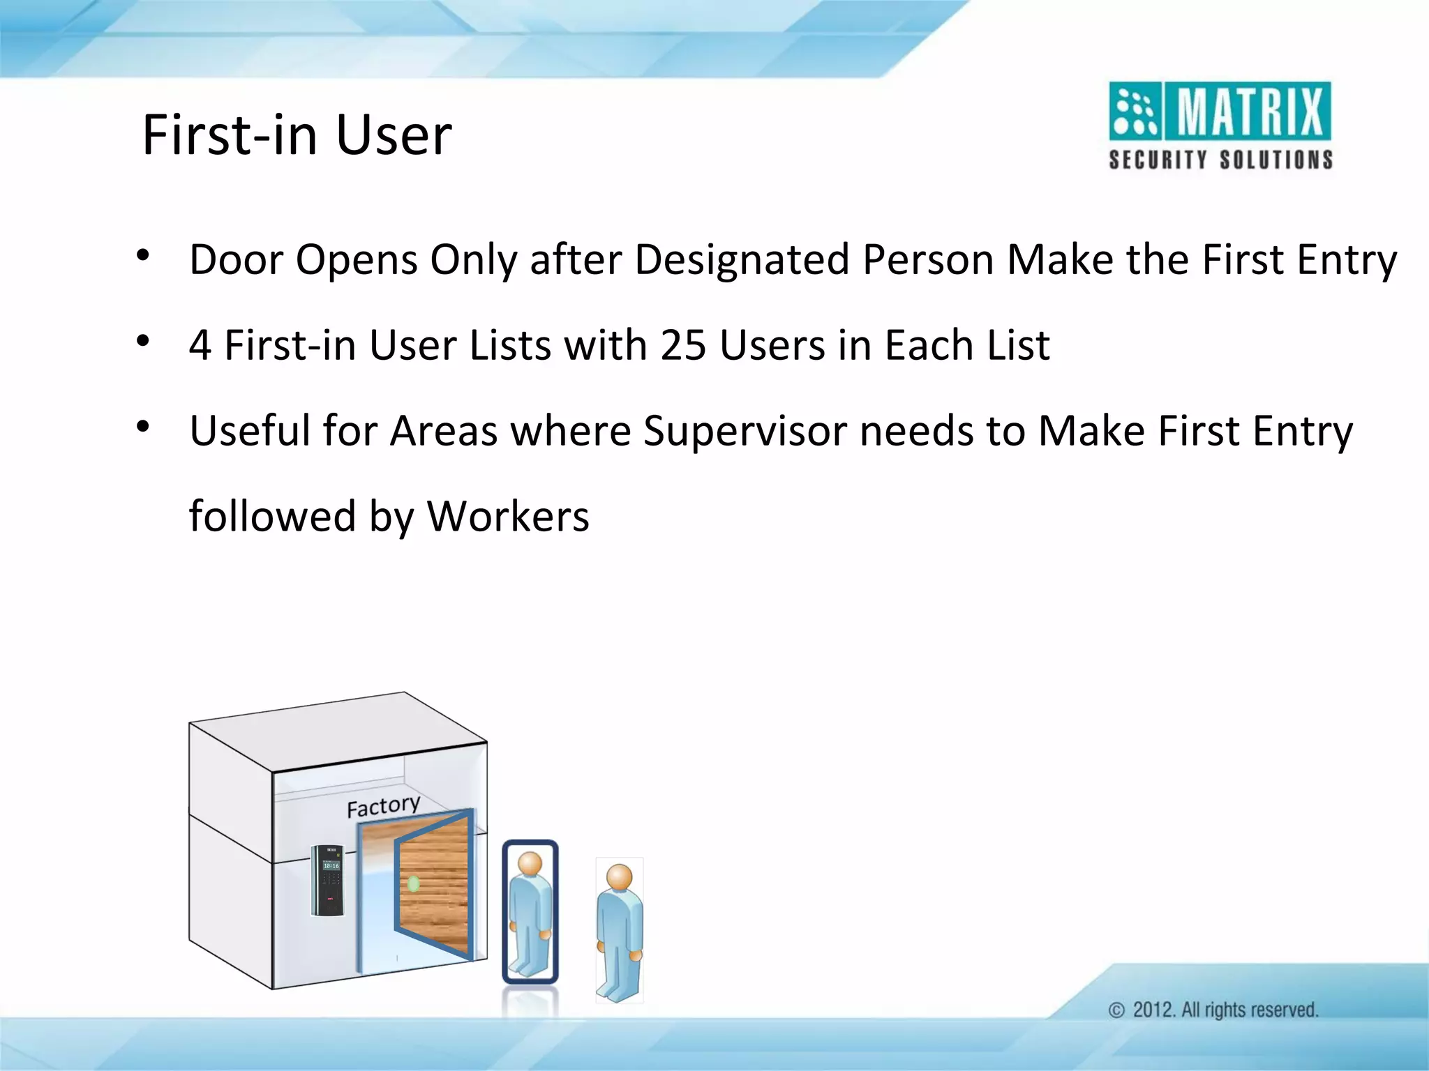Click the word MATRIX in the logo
pos(1250,112)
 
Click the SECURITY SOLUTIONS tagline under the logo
pos(1220,160)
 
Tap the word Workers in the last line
pos(508,517)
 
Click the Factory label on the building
pos(383,807)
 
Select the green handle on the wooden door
pos(413,884)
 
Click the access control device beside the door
pos(327,880)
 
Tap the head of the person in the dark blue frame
pos(530,865)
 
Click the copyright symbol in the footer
pos(1116,1010)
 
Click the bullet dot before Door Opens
pos(143,256)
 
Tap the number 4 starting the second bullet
pos(200,345)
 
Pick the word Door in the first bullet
pos(234,259)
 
